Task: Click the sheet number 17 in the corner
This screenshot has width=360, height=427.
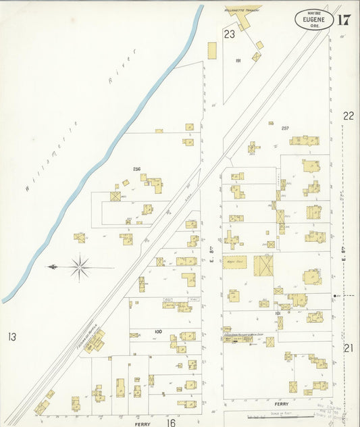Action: pyautogui.click(x=342, y=19)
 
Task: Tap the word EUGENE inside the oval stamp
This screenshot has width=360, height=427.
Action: pyautogui.click(x=313, y=20)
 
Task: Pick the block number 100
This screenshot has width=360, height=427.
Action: pyautogui.click(x=158, y=331)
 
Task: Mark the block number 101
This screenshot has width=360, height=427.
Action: pyautogui.click(x=277, y=313)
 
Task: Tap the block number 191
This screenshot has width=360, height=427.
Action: pyautogui.click(x=238, y=61)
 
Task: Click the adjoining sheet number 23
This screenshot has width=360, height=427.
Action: pyautogui.click(x=230, y=33)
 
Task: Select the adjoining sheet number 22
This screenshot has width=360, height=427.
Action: pyautogui.click(x=348, y=116)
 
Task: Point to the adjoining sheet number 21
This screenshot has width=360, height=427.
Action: pyautogui.click(x=349, y=348)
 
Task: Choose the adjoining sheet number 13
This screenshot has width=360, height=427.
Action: pyautogui.click(x=11, y=336)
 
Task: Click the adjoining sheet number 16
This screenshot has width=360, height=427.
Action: pyautogui.click(x=171, y=422)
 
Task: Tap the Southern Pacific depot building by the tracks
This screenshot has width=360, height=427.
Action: pyautogui.click(x=93, y=341)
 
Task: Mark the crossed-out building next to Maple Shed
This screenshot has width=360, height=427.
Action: pyautogui.click(x=264, y=264)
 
